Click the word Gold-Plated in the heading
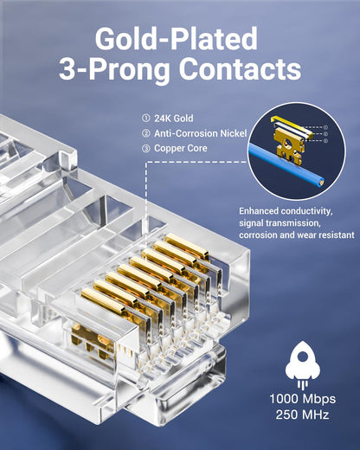177,39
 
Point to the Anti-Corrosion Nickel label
200,133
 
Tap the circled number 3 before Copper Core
145,148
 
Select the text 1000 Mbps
302,401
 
